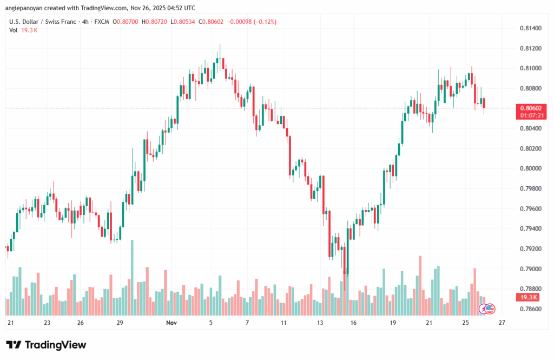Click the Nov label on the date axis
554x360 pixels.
(172, 323)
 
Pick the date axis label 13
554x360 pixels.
(320, 323)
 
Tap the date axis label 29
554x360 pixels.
(120, 323)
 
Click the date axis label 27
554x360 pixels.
(502, 323)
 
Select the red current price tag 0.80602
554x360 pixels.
(530, 108)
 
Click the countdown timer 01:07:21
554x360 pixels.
(530, 115)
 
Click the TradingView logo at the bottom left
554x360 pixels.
(46, 345)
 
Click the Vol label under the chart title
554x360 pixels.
(14, 30)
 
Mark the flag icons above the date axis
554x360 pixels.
(487, 309)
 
